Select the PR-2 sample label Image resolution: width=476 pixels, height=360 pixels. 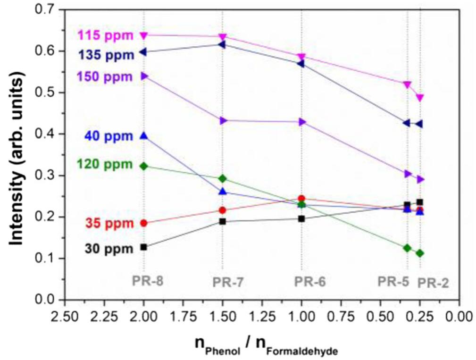point(434,283)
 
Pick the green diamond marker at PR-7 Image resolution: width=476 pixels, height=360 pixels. point(223,178)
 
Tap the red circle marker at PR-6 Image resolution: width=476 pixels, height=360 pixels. point(301,199)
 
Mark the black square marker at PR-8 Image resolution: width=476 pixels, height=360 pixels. point(144,247)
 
